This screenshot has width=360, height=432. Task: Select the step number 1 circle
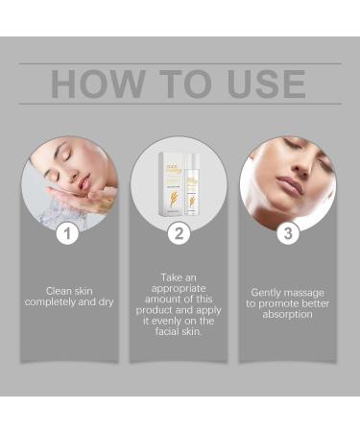[66, 231]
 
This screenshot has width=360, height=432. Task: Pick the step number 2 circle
[178, 231]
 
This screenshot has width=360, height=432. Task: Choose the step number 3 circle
[286, 231]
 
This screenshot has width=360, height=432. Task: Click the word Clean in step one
[59, 291]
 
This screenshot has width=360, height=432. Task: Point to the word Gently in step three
[268, 293]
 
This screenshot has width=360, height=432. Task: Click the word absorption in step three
[286, 315]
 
